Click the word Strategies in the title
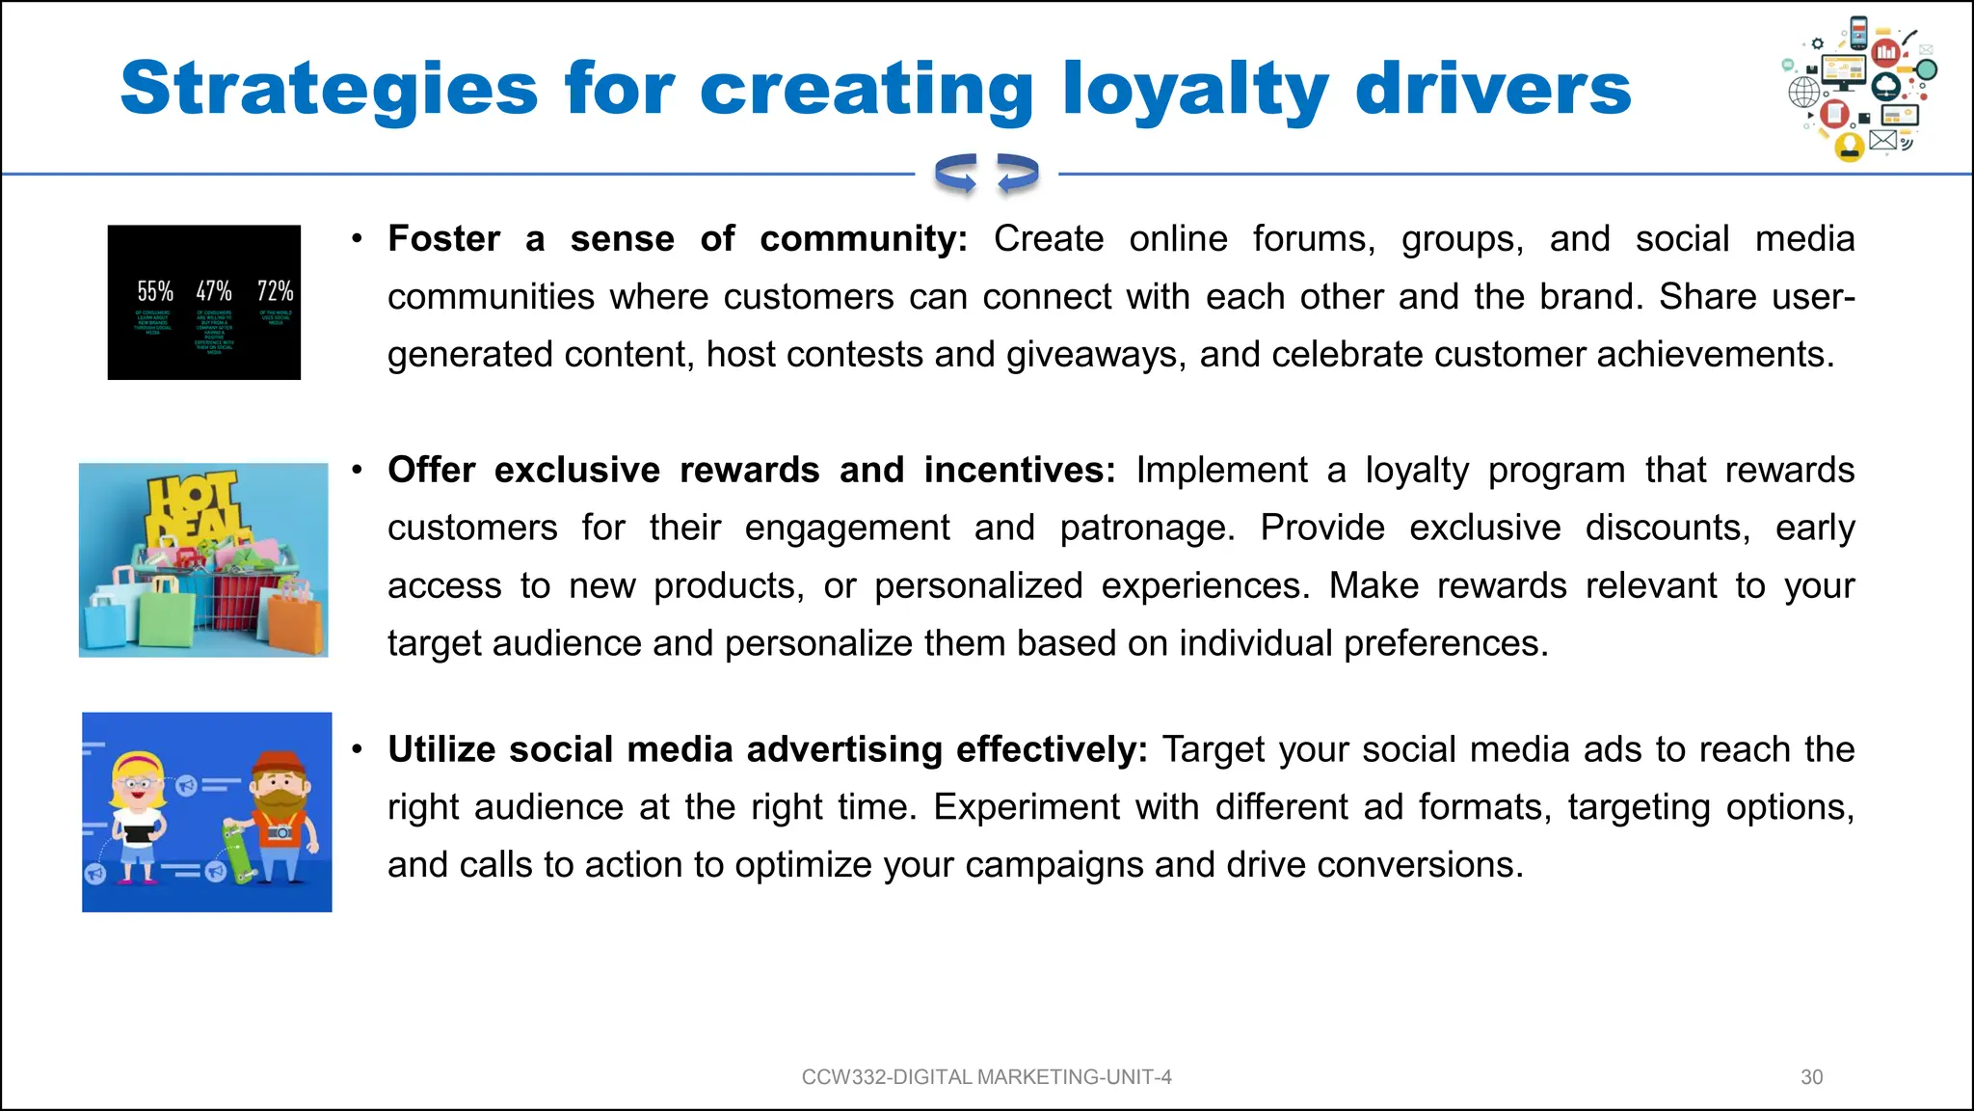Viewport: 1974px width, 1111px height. (x=328, y=90)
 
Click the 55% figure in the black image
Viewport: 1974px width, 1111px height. (x=155, y=291)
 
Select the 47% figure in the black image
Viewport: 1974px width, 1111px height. (x=214, y=291)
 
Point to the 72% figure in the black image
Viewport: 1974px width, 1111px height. (x=275, y=291)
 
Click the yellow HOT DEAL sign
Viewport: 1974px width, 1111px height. (x=193, y=506)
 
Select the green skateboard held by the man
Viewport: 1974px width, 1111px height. (x=235, y=849)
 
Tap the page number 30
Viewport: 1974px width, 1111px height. (x=1811, y=1077)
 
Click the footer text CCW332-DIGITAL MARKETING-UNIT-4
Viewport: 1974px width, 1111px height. (x=986, y=1077)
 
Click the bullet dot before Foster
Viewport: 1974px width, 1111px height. (x=357, y=238)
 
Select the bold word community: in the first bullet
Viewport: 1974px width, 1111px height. (x=863, y=239)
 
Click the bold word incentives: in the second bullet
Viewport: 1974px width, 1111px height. (x=1019, y=471)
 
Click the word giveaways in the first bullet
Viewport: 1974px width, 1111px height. (x=1095, y=355)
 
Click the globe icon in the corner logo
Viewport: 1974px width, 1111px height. (x=1804, y=94)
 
